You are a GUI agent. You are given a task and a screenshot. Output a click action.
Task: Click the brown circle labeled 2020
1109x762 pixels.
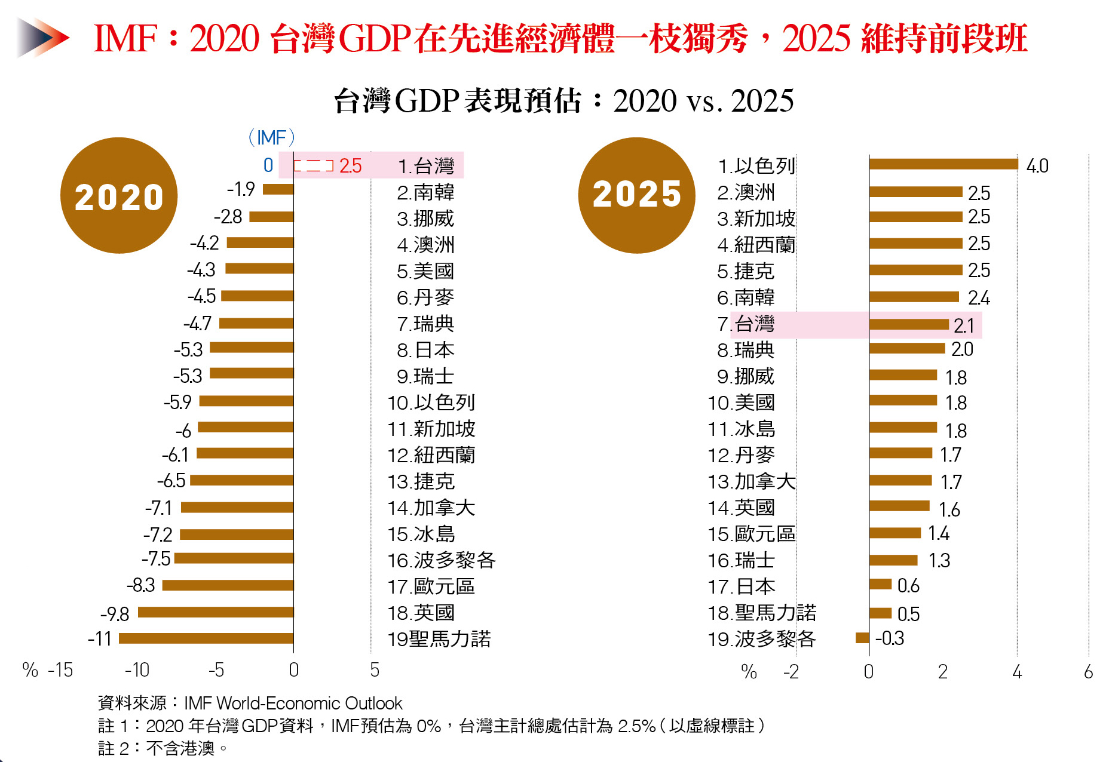119,196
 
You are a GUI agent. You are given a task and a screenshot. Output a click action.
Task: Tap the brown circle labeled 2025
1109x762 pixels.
636,195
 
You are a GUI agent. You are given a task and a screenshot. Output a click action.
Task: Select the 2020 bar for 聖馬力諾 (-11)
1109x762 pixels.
206,638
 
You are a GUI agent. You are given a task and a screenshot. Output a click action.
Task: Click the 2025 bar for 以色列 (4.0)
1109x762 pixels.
943,164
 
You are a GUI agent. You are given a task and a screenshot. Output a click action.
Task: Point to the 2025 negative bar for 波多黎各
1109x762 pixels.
862,638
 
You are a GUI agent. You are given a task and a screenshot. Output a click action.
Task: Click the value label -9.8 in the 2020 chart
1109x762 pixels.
115,614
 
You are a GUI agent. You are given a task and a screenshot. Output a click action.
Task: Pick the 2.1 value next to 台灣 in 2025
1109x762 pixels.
964,325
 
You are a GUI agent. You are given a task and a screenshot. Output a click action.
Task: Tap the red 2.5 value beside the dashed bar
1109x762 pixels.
350,166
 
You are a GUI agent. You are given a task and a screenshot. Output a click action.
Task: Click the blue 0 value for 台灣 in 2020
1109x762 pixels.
268,165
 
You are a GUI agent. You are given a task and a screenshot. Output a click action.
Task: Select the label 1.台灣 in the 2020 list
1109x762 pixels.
426,166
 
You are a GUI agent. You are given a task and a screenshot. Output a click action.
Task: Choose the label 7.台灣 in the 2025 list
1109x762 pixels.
746,324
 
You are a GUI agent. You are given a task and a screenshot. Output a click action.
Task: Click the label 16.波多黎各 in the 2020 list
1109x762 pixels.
441,560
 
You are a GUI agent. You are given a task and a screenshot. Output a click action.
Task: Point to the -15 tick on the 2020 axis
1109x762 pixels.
60,670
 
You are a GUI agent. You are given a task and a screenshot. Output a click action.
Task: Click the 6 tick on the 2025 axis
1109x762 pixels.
1088,672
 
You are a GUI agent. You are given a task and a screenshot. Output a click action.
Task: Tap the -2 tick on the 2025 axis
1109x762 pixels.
791,672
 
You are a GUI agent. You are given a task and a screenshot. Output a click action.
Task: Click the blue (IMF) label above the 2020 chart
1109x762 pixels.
271,137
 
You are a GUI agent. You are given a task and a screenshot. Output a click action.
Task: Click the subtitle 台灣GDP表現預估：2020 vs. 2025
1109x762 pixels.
563,100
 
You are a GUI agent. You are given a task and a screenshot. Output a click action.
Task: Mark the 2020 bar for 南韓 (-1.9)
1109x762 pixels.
278,189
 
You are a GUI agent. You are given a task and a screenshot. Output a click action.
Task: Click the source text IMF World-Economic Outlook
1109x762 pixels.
293,703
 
